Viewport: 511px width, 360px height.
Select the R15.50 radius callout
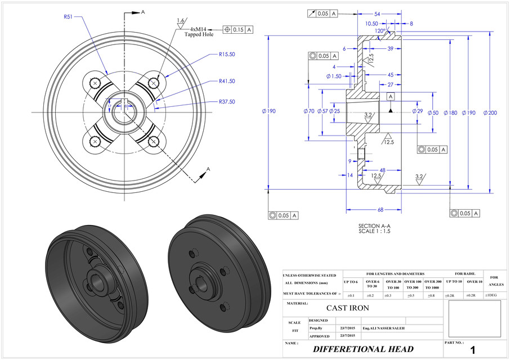(227, 55)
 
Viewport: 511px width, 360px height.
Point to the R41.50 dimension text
(227, 81)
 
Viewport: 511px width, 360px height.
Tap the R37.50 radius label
(227, 102)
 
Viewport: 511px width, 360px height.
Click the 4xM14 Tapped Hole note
(203, 31)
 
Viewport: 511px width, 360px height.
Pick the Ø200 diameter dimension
(490, 112)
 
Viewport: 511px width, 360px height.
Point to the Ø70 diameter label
(309, 111)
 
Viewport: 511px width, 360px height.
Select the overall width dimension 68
(380, 210)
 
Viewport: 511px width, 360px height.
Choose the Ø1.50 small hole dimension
(334, 76)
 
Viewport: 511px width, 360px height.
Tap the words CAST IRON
(348, 308)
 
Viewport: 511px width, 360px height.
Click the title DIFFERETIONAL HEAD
(363, 349)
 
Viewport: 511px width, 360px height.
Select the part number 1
(473, 349)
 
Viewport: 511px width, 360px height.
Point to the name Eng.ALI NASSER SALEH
(383, 327)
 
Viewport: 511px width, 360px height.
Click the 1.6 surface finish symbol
(181, 21)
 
